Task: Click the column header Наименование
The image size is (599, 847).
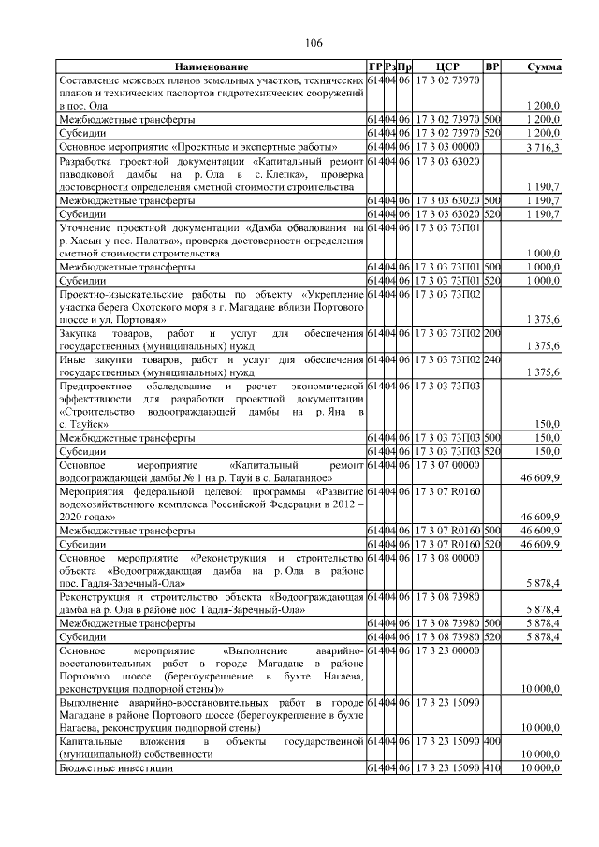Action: pyautogui.click(x=211, y=67)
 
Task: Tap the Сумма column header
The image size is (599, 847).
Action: pyautogui.click(x=544, y=67)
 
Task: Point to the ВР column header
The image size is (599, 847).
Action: pyautogui.click(x=492, y=67)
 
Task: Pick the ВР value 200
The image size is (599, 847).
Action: pyautogui.click(x=492, y=333)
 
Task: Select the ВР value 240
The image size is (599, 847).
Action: pyautogui.click(x=492, y=360)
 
